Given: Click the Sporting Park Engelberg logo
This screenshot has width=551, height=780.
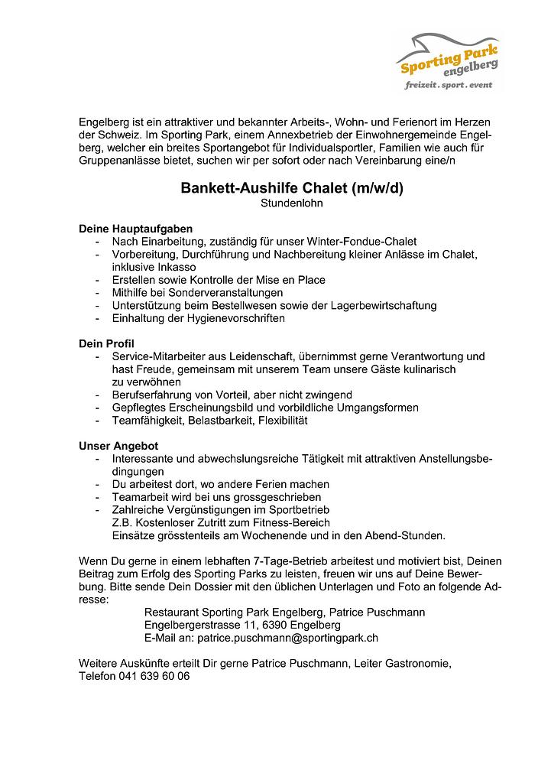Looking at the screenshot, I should click(x=449, y=61).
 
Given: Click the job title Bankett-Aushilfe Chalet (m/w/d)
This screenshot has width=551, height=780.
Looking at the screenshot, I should click(x=291, y=188).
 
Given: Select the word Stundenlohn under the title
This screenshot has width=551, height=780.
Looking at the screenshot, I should click(x=291, y=203).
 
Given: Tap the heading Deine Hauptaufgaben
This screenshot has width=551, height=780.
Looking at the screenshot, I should click(x=136, y=229).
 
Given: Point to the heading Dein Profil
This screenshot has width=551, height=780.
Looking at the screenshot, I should click(x=106, y=344).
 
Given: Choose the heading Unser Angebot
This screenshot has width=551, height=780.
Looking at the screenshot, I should click(x=118, y=446).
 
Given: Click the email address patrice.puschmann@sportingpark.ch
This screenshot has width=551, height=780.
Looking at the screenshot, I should click(x=288, y=637).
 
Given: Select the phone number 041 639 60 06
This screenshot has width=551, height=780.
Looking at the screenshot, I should click(x=154, y=676).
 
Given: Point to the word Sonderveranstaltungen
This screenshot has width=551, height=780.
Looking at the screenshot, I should click(x=226, y=293).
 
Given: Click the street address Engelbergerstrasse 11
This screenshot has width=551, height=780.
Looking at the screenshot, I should click(x=203, y=625).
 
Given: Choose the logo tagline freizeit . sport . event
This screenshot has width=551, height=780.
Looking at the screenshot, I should click(x=449, y=84).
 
